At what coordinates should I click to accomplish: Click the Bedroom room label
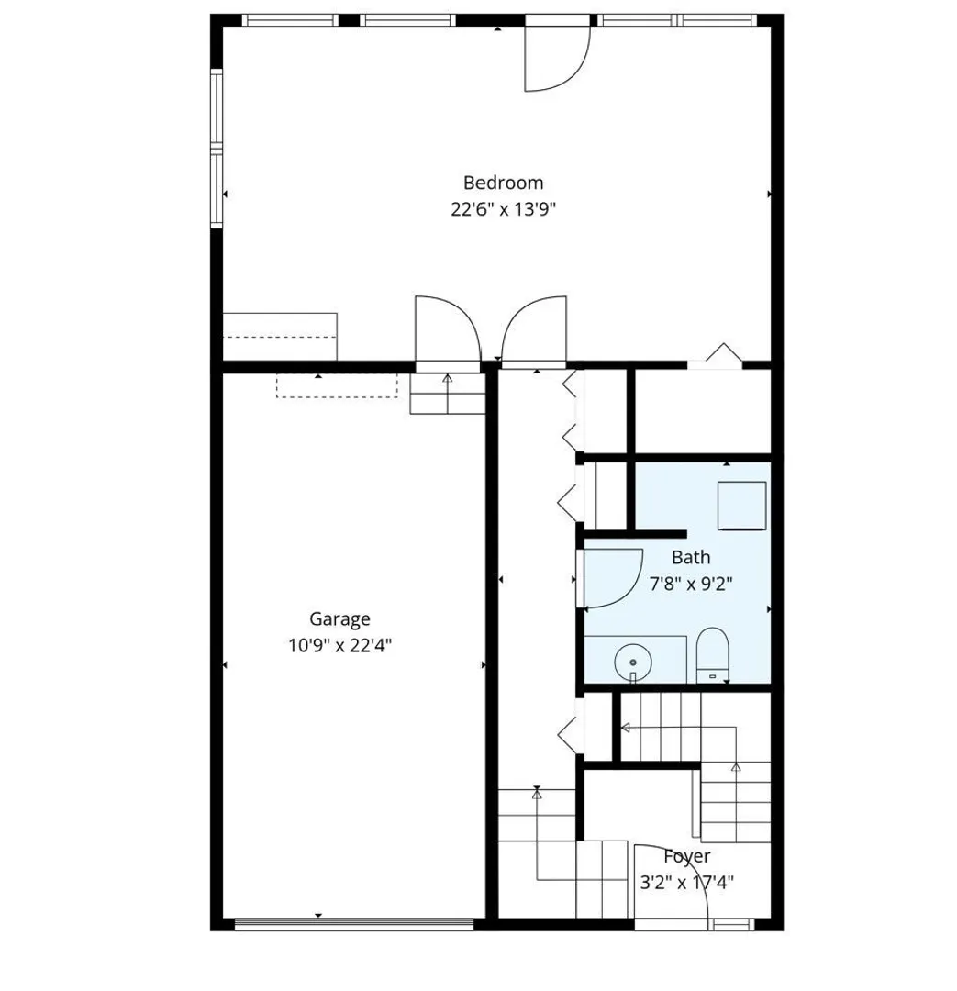[x=503, y=183]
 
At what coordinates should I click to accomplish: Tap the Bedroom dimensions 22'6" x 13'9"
[x=503, y=209]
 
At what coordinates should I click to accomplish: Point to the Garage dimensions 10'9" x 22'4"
[x=340, y=645]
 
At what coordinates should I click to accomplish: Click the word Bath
[x=691, y=558]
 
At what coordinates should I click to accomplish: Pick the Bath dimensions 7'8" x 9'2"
[x=691, y=583]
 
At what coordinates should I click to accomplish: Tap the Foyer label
[x=687, y=857]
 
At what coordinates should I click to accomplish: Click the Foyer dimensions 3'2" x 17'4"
[x=687, y=883]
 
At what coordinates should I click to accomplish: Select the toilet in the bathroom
[x=712, y=655]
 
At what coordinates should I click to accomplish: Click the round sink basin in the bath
[x=633, y=662]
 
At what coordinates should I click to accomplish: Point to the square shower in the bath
[x=741, y=506]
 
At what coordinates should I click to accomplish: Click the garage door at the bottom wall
[x=354, y=924]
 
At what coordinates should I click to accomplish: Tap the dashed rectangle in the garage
[x=337, y=386]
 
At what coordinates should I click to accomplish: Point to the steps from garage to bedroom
[x=448, y=394]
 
